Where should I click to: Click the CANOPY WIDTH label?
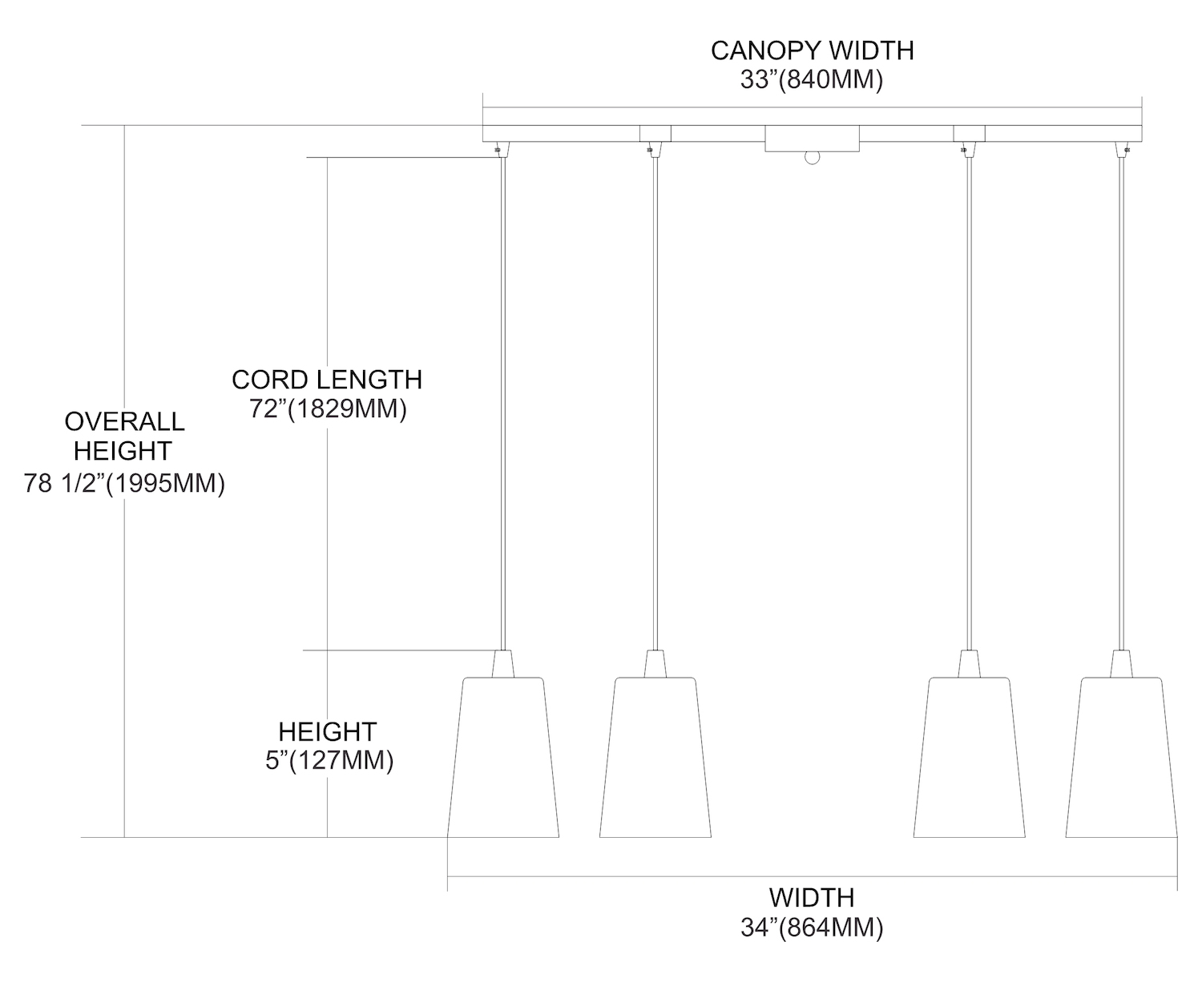click(x=812, y=50)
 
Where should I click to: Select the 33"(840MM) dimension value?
click(x=812, y=80)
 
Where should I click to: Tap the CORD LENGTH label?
click(x=327, y=379)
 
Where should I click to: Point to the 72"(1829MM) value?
click(x=327, y=408)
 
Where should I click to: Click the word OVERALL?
click(x=124, y=421)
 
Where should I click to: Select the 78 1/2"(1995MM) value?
click(x=124, y=484)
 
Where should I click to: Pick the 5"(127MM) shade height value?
click(x=329, y=760)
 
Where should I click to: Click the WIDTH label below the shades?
click(x=812, y=897)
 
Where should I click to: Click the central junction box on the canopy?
click(x=812, y=138)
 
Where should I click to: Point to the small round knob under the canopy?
click(x=813, y=158)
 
